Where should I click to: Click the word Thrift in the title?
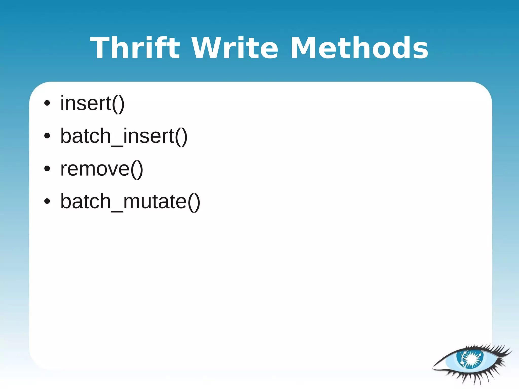tap(135, 48)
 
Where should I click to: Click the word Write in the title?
tap(234, 48)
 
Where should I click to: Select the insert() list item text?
tap(92, 103)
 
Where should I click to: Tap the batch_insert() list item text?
tap(124, 136)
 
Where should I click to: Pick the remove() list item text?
tap(102, 169)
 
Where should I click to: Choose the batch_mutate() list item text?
tap(130, 201)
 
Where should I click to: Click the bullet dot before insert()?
tap(47, 103)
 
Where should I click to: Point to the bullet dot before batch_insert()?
tap(47, 136)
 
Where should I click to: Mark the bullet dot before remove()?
tap(47, 169)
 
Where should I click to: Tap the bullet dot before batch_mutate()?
tap(47, 201)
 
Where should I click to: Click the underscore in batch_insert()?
tap(117, 145)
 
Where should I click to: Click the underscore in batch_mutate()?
tap(117, 211)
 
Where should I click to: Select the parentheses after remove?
tap(137, 169)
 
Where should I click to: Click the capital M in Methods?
tap(303, 48)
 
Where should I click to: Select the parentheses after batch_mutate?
tap(194, 202)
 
